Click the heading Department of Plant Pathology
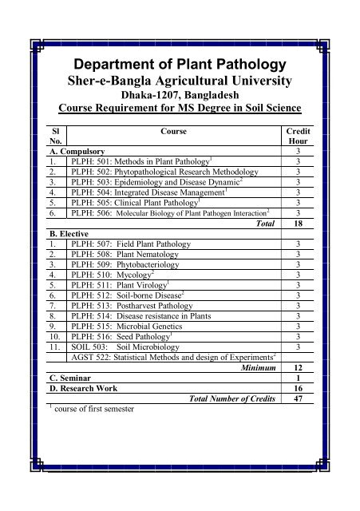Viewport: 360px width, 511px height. click(x=180, y=65)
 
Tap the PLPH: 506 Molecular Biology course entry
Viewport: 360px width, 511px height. click(x=172, y=213)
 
